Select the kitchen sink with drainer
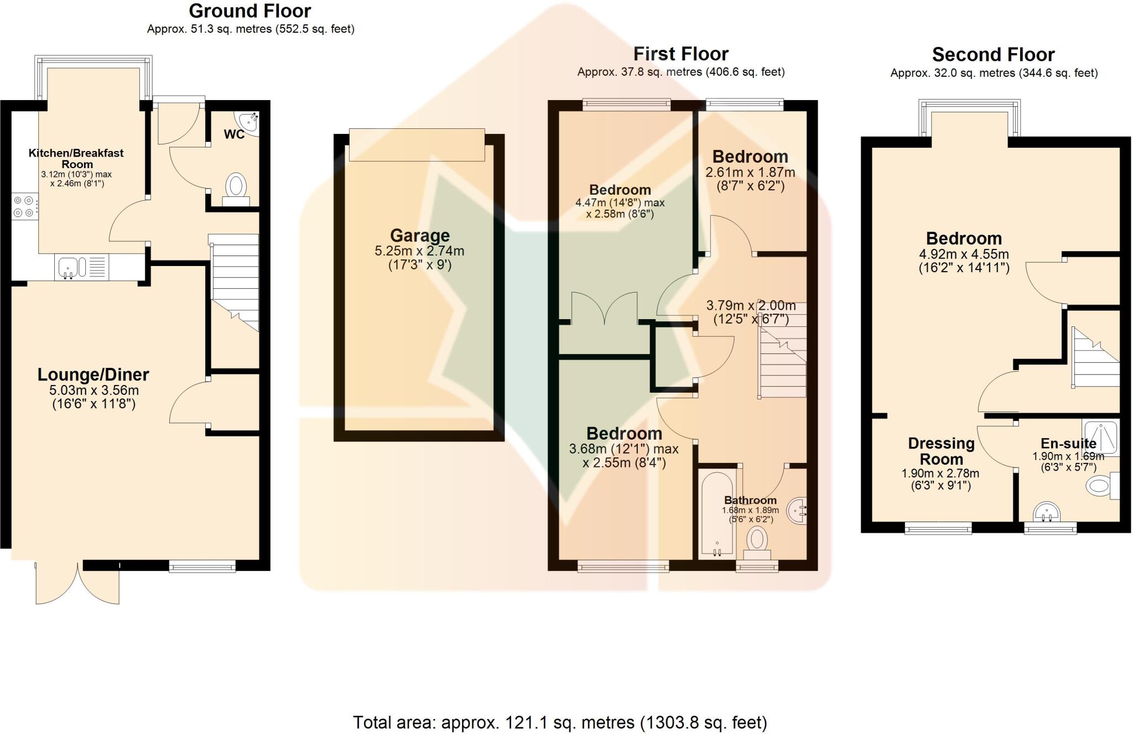81,267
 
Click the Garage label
419,236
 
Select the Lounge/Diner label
93,374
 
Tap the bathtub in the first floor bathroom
717,513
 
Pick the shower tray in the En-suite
1101,437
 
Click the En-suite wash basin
1047,512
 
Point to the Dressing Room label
941,451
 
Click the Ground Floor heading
250,11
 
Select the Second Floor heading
993,55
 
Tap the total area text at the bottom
560,722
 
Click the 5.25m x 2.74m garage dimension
419,251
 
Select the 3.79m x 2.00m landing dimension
751,305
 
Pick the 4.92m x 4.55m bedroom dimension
964,254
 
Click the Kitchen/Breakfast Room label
76,158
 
